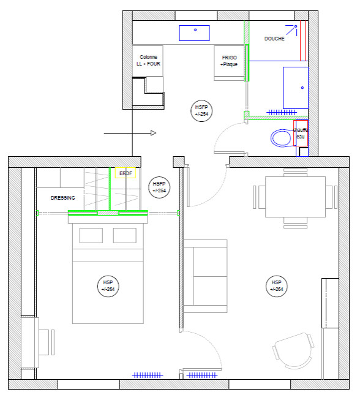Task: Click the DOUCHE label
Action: pos(274,39)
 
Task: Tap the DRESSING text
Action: pos(63,198)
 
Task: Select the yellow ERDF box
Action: pos(125,173)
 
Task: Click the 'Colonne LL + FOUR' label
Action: pos(148,61)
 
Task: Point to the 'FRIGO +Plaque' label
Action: pos(229,61)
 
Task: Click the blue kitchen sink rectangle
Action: pos(194,33)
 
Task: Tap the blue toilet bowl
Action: pos(281,138)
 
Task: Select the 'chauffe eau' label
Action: pos(301,133)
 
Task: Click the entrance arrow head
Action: pos(153,133)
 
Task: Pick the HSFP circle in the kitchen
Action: pos(201,111)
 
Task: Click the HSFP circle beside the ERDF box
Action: pos(159,187)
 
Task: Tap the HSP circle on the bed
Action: pos(108,286)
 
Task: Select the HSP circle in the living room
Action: pos(276,286)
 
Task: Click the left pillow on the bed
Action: pos(91,235)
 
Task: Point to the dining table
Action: pos(295,197)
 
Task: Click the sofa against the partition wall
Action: pos(205,276)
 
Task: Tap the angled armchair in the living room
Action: pos(294,350)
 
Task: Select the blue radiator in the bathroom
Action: pos(282,112)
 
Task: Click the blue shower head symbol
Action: pos(292,30)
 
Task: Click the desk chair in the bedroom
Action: pos(47,342)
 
